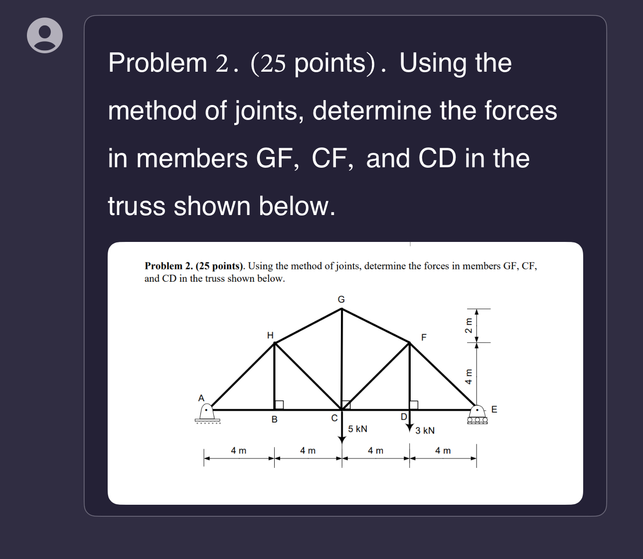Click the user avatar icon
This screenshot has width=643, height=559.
click(x=45, y=35)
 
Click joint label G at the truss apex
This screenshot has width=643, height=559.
click(x=341, y=299)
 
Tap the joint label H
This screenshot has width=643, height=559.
click(x=270, y=335)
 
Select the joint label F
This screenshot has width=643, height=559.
click(x=424, y=337)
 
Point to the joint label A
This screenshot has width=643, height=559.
click(x=201, y=398)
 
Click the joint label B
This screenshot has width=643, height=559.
click(x=274, y=420)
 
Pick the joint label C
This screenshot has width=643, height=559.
click(x=334, y=418)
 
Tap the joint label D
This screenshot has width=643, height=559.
click(x=404, y=416)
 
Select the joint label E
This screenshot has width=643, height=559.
click(x=494, y=410)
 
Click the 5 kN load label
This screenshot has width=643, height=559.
click(x=357, y=429)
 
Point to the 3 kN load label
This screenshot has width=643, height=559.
click(x=425, y=430)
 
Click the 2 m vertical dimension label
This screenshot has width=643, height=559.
click(x=469, y=325)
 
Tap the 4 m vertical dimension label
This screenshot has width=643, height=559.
click(x=469, y=376)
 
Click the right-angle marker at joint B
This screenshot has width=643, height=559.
click(x=279, y=405)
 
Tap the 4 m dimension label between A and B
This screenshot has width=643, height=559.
click(x=238, y=450)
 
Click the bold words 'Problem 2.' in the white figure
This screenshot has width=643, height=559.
click(x=168, y=266)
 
